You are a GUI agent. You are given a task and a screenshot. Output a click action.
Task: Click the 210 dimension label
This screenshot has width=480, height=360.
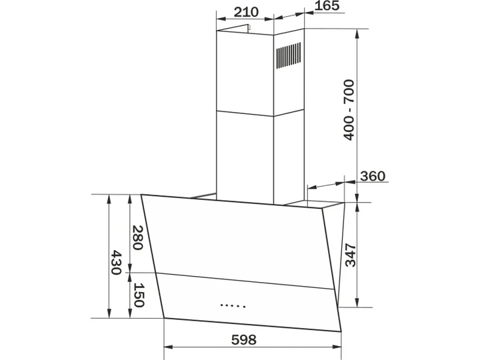[246, 12]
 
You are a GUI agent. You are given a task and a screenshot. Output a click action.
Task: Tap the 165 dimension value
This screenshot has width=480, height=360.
[327, 5]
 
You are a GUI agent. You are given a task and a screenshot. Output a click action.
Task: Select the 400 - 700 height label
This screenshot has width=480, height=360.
[349, 110]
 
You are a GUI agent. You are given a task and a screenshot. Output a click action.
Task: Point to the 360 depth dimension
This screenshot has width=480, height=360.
[373, 176]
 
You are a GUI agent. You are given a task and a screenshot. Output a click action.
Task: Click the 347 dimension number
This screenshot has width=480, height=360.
[351, 255]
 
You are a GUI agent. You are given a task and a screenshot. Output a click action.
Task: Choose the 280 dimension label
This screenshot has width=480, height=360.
[137, 238]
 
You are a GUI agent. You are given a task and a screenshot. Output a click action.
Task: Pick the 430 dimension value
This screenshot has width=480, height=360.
[116, 263]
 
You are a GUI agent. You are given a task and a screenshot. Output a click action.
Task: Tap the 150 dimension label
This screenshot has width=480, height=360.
[139, 295]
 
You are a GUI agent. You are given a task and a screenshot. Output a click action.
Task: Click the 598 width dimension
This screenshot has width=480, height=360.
[244, 340]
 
